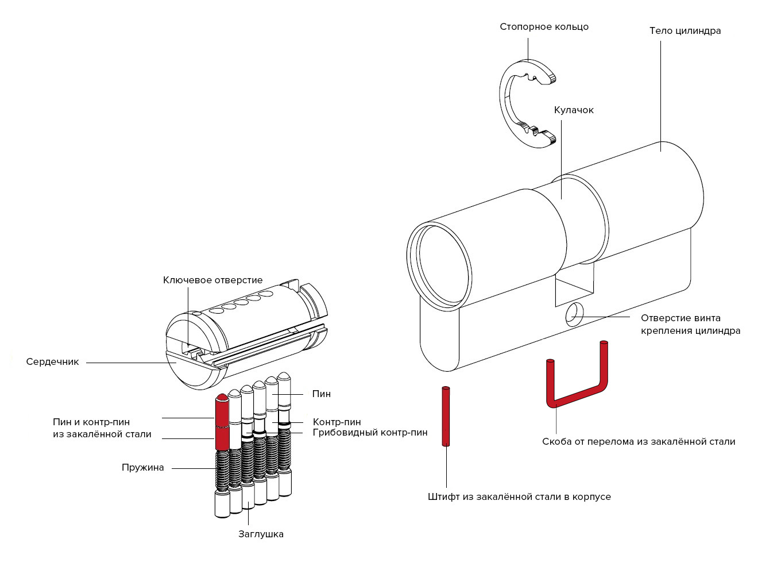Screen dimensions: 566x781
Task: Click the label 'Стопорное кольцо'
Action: coord(544,27)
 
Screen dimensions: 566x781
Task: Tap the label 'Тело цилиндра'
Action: coord(685,31)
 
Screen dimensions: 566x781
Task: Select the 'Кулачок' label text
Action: coord(573,110)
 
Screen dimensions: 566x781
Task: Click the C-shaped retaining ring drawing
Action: coord(508,103)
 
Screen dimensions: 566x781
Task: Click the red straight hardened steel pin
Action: coord(446,416)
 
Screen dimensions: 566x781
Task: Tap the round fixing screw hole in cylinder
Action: coord(573,315)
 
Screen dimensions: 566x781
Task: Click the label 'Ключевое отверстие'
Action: coord(212,280)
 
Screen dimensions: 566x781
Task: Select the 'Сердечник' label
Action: coord(52,362)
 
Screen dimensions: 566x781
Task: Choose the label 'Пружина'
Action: coord(142,468)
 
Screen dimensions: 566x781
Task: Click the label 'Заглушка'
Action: coord(261,534)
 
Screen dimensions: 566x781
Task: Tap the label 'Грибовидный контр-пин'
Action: coord(370,433)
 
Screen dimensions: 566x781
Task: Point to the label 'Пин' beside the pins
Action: coord(322,394)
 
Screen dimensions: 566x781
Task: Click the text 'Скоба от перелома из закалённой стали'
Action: coord(638,442)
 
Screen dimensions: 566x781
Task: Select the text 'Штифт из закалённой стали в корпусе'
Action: coord(519,496)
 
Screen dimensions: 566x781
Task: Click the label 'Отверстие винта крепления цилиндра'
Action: coord(690,325)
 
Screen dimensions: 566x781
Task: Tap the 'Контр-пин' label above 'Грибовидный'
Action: coord(337,422)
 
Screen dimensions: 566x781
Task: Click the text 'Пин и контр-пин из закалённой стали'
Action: coord(102,428)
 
